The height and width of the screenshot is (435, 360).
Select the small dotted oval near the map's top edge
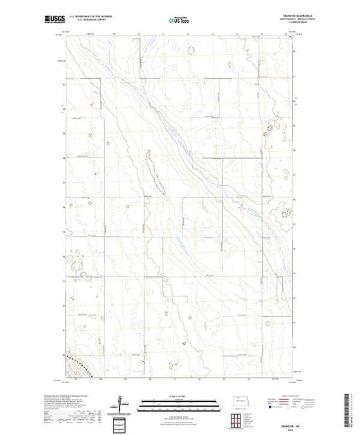coord(190,48)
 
